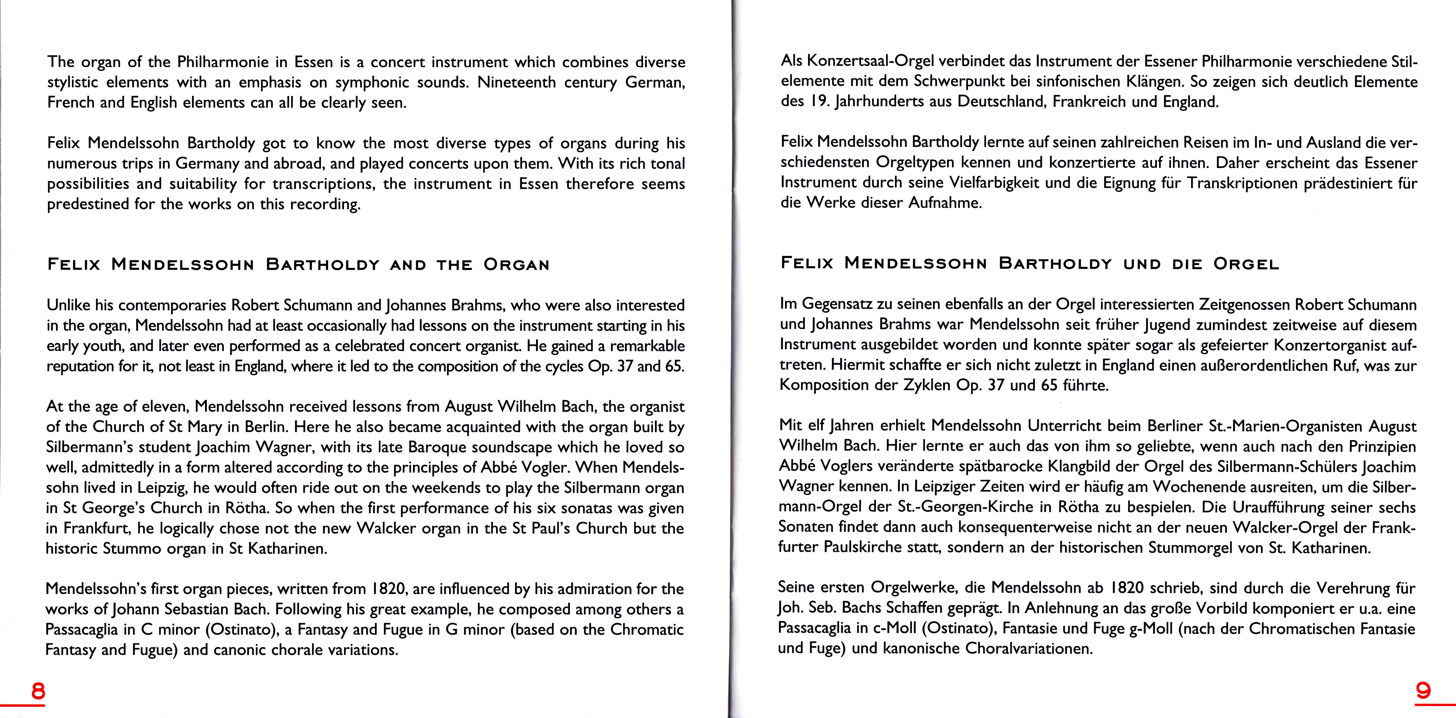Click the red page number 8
38,691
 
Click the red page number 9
1423,691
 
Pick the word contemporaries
172,306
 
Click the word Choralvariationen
1029,649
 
